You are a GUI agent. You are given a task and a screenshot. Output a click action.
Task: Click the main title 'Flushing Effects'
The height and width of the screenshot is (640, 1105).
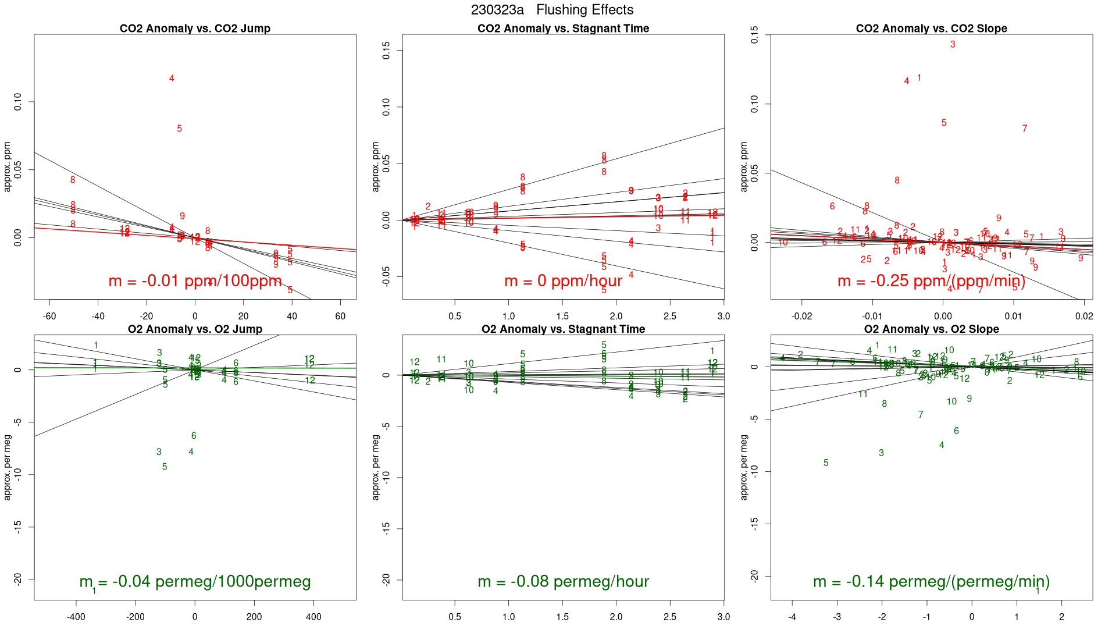pyautogui.click(x=584, y=10)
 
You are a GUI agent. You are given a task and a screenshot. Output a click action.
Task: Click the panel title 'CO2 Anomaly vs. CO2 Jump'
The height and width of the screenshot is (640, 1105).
pyautogui.click(x=195, y=29)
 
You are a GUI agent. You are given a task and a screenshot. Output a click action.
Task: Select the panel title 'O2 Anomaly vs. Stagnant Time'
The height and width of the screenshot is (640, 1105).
pyautogui.click(x=563, y=329)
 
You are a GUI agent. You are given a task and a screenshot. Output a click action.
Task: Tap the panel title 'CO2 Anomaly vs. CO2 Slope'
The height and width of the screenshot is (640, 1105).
pyautogui.click(x=931, y=29)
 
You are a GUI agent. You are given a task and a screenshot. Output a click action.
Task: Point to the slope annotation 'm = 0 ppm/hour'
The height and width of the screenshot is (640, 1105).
pyautogui.click(x=563, y=282)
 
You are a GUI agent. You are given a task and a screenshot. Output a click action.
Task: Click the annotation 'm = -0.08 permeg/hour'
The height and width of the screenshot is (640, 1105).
pyautogui.click(x=563, y=582)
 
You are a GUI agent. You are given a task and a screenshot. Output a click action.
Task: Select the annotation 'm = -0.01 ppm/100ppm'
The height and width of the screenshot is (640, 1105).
pyautogui.click(x=195, y=282)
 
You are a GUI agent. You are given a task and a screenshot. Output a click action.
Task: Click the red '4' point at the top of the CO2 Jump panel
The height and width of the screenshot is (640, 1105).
pyautogui.click(x=172, y=79)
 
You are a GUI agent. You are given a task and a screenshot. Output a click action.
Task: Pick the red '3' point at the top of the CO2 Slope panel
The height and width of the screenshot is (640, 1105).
pyautogui.click(x=953, y=44)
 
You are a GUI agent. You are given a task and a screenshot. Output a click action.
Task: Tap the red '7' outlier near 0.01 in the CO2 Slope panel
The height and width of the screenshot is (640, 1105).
pyautogui.click(x=1025, y=129)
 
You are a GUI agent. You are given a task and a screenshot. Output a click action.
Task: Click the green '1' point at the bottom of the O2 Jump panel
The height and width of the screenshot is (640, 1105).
pyautogui.click(x=94, y=591)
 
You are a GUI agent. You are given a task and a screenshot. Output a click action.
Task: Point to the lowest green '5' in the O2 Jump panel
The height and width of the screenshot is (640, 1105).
pyautogui.click(x=165, y=467)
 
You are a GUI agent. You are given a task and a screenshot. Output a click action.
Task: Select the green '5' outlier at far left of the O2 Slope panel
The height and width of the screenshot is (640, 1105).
pyautogui.click(x=826, y=463)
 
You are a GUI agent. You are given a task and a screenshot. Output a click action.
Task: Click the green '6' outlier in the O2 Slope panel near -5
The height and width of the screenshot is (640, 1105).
pyautogui.click(x=956, y=431)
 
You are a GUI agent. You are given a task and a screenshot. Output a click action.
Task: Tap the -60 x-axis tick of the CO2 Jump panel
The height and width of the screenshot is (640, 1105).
pyautogui.click(x=49, y=317)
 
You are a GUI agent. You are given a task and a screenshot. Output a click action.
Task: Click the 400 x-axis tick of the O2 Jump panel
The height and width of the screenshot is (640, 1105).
pyautogui.click(x=313, y=617)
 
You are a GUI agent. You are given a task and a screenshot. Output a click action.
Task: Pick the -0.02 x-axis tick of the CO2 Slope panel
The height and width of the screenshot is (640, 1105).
pyautogui.click(x=802, y=317)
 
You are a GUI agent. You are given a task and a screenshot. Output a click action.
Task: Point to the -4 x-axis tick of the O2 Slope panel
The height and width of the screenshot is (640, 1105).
pyautogui.click(x=792, y=617)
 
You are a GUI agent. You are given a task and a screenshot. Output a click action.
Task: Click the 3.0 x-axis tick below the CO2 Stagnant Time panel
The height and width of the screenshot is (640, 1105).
pyautogui.click(x=723, y=317)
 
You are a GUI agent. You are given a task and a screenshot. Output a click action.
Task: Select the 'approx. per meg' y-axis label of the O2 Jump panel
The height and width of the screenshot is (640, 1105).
pyautogui.click(x=8, y=467)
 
